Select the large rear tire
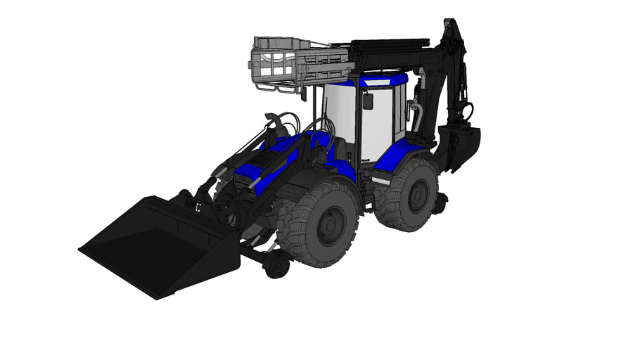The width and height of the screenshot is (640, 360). [407, 195]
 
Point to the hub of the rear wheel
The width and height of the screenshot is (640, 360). [419, 196]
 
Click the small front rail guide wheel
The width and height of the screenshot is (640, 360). [276, 265]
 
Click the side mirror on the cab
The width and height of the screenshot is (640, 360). [367, 101]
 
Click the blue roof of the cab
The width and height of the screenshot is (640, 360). [383, 80]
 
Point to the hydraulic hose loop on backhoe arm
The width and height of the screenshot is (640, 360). [467, 110]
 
